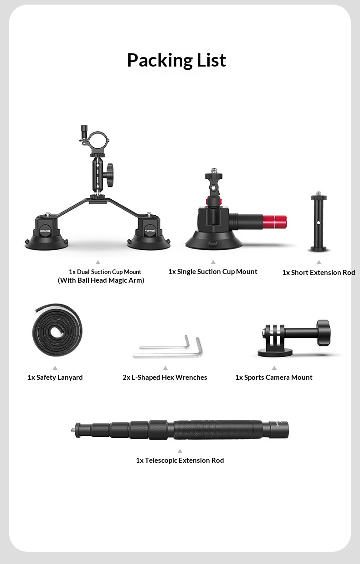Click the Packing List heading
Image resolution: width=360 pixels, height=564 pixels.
(177, 60)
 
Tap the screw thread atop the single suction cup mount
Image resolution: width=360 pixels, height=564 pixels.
(214, 171)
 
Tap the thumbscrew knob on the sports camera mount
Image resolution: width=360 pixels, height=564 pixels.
(324, 332)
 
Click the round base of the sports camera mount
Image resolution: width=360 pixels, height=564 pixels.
(275, 352)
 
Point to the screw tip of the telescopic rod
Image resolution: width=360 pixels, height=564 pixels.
(72, 430)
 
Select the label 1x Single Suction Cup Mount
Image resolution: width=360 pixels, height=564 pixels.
(213, 272)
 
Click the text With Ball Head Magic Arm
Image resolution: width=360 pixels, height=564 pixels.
(101, 280)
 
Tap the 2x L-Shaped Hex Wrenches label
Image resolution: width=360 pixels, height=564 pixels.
(165, 378)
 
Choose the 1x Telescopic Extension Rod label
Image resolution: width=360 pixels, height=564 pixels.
(180, 460)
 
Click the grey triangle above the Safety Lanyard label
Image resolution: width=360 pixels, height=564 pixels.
(55, 368)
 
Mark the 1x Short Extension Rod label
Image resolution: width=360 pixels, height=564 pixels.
(319, 273)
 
